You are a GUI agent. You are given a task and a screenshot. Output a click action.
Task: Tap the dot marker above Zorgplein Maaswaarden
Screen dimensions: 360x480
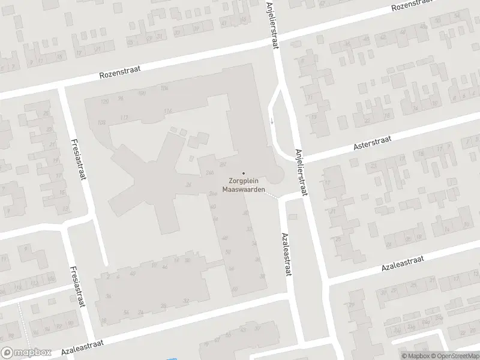[x=244, y=173]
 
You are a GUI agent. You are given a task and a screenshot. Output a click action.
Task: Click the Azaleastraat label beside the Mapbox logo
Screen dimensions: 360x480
[x=82, y=347]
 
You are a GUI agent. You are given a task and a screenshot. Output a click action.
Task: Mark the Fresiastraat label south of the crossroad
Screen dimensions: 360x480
[x=76, y=287]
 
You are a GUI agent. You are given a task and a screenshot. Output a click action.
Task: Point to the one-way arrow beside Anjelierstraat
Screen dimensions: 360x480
[x=271, y=120]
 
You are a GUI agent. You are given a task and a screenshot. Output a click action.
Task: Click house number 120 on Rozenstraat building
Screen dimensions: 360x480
[x=105, y=101]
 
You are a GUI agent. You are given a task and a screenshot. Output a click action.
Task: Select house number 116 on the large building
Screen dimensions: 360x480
[x=167, y=110]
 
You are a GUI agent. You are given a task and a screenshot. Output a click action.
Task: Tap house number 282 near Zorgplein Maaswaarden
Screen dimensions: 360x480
[x=222, y=164]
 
